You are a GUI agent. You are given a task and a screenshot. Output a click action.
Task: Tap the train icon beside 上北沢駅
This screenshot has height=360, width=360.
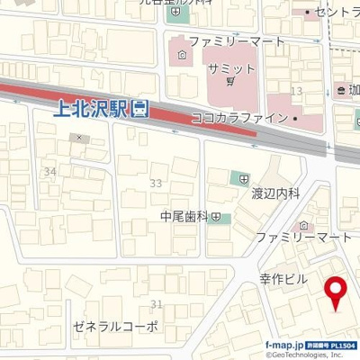(x=140, y=111)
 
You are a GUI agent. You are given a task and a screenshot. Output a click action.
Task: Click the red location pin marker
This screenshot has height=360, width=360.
(x=337, y=292)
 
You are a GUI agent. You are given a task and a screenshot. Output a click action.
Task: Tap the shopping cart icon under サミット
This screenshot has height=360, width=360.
(x=231, y=82)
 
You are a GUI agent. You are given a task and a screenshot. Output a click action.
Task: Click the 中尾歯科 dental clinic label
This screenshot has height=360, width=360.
(x=184, y=217)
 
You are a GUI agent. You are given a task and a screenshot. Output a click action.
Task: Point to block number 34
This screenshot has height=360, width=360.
(x=49, y=171)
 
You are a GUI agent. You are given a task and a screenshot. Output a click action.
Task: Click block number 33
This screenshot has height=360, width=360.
(x=156, y=183)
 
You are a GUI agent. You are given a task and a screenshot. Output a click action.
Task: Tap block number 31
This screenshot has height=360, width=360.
(x=157, y=304)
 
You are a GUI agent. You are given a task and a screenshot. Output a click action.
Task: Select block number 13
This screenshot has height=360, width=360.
(x=296, y=92)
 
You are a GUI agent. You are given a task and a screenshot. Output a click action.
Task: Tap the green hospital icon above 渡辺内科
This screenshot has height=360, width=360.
(x=240, y=177)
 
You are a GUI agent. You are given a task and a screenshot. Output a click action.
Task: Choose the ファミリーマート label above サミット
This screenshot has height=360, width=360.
(x=237, y=41)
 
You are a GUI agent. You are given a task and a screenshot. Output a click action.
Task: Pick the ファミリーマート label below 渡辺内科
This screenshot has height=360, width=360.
(x=303, y=237)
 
